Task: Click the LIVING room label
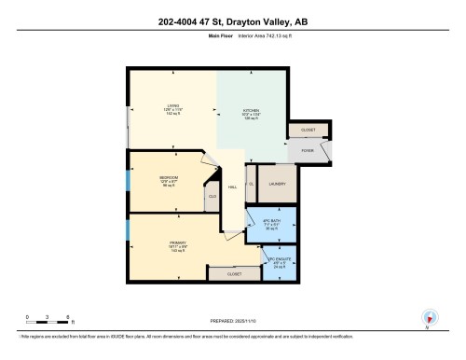pyautogui.click(x=171, y=108)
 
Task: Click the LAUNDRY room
pyautogui.click(x=278, y=184)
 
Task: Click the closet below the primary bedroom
pyautogui.click(x=234, y=275)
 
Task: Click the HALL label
pyautogui.click(x=233, y=187)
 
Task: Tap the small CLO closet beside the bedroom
pyautogui.click(x=212, y=197)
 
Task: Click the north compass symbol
pyautogui.click(x=429, y=317)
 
